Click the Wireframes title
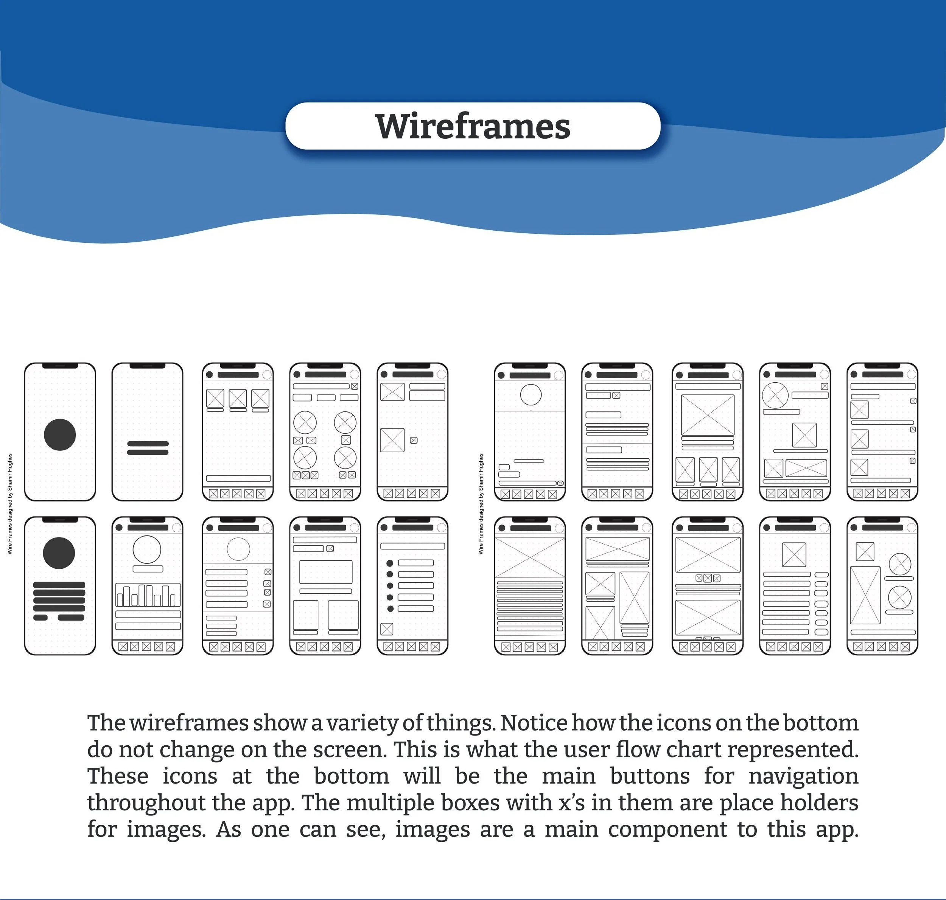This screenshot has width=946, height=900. (x=473, y=126)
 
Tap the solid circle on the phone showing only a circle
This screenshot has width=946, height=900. (x=59, y=434)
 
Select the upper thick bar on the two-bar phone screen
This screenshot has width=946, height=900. (x=147, y=444)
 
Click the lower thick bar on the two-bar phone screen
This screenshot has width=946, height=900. (x=147, y=452)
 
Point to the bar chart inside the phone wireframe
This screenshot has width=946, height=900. (x=148, y=595)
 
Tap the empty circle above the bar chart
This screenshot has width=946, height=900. (x=147, y=549)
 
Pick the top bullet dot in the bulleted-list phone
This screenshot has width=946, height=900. (x=390, y=563)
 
